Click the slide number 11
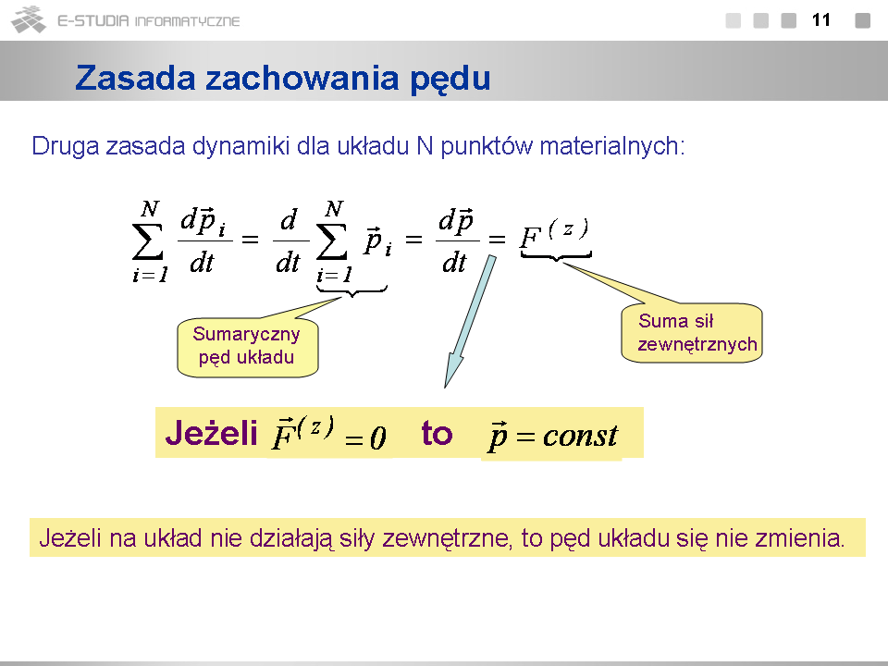coord(820,20)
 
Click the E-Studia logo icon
coord(29,19)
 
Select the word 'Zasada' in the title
coord(135,78)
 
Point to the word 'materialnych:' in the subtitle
coord(612,146)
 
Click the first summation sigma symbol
coord(147,241)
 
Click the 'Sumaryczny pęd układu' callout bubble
coord(248,347)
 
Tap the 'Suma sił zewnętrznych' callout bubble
coord(692,333)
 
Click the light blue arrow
coord(470,322)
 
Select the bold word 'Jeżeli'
coord(211,433)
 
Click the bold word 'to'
coord(438,433)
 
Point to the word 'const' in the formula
coord(581,436)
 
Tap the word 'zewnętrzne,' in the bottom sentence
coord(447,537)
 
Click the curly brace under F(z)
coord(556,256)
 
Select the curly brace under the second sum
coord(351,291)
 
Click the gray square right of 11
coord(862,20)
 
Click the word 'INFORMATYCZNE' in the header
coord(188,21)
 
